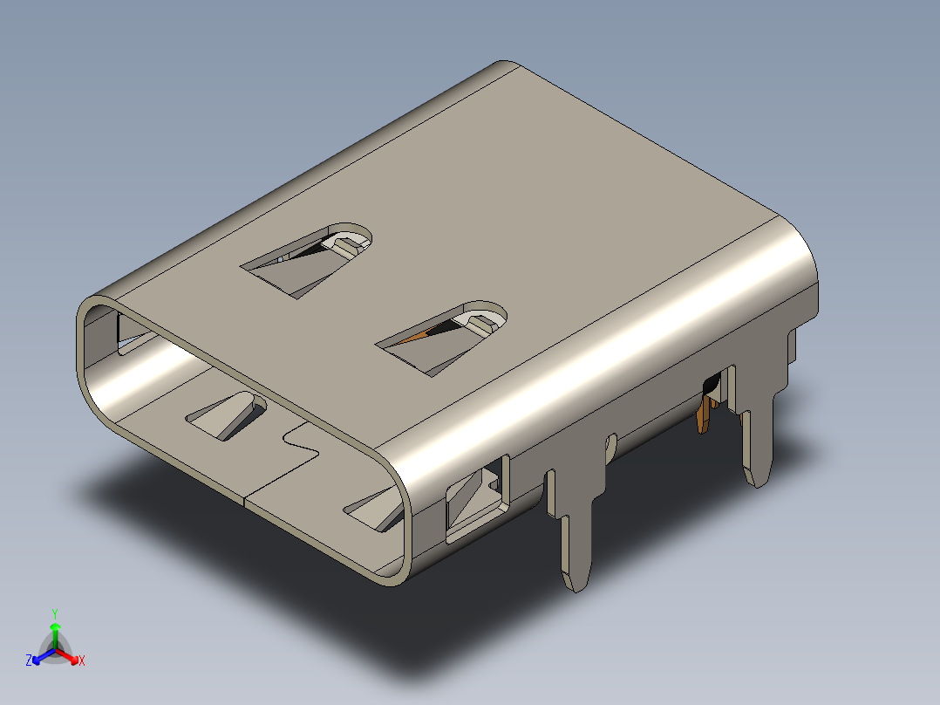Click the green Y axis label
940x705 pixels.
coord(55,613)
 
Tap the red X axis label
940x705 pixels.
coord(82,661)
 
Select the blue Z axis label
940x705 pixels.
coord(29,661)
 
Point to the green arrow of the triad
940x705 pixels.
coord(55,629)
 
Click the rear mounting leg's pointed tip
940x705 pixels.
coord(756,476)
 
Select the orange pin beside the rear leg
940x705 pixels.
coord(705,419)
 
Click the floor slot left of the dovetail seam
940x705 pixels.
coord(225,414)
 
